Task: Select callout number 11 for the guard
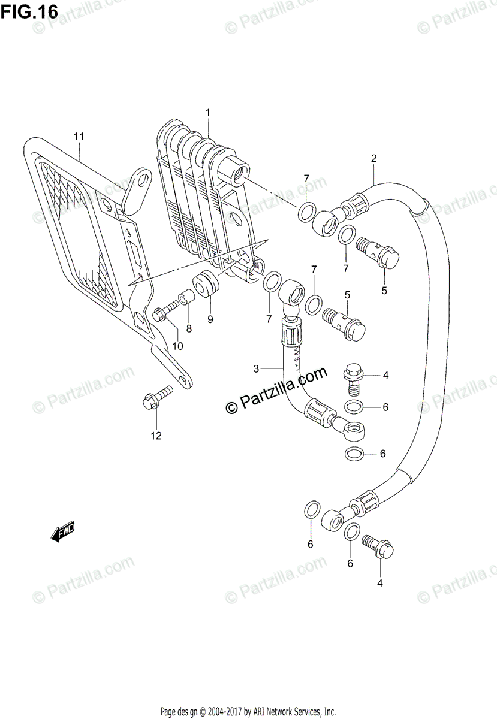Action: [79, 137]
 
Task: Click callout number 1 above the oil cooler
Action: [208, 113]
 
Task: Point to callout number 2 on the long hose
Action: [373, 159]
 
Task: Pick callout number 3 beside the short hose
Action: [256, 368]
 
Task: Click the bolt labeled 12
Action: [156, 398]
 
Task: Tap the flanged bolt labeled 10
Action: [164, 313]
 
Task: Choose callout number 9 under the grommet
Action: [210, 319]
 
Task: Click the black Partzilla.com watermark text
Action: [276, 389]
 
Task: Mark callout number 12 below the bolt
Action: [156, 436]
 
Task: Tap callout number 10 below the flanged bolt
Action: [177, 346]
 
